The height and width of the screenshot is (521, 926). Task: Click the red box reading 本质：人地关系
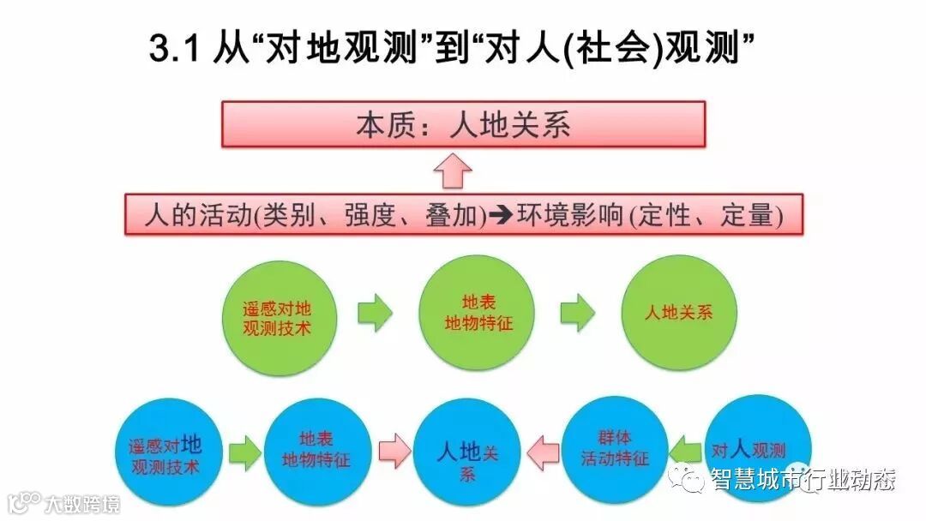pyautogui.click(x=463, y=125)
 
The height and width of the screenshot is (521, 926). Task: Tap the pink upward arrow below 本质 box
pyautogui.click(x=453, y=170)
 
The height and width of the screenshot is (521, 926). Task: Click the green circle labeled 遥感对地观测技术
pyautogui.click(x=277, y=314)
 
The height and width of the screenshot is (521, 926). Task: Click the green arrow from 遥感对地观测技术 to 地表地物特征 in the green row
pyautogui.click(x=374, y=314)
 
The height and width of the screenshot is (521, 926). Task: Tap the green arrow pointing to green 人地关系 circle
pyautogui.click(x=577, y=313)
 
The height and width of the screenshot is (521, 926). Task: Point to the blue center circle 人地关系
pyautogui.click(x=466, y=452)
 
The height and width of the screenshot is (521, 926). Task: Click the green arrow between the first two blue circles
pyautogui.click(x=244, y=452)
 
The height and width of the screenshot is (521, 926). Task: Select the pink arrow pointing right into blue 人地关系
pyautogui.click(x=394, y=451)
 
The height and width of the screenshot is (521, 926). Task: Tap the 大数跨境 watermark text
pyautogui.click(x=82, y=503)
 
